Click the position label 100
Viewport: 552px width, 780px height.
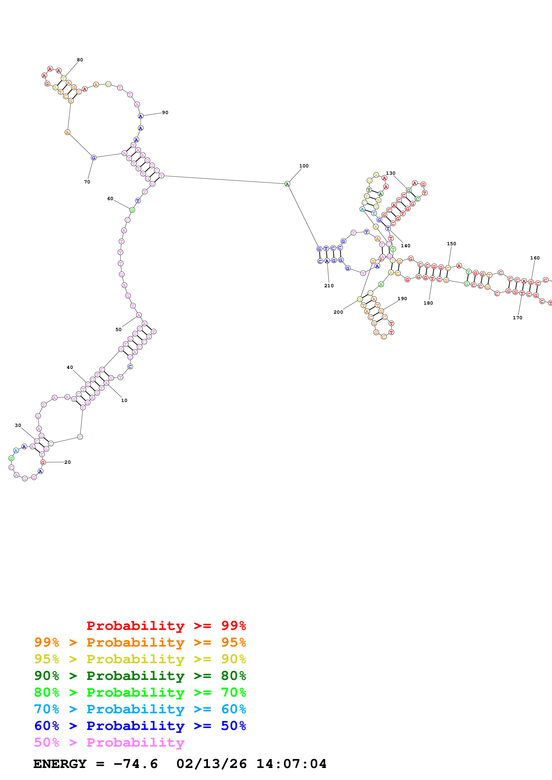[x=304, y=166]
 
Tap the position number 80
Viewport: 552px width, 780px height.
[x=80, y=60]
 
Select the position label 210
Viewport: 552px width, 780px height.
[x=329, y=286]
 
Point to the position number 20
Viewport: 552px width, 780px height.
[x=68, y=462]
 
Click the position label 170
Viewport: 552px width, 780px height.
[x=517, y=318]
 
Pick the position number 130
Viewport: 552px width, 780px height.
[x=390, y=173]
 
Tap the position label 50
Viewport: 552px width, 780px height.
[x=118, y=330]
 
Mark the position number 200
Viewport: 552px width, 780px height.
[x=338, y=312]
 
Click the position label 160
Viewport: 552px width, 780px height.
[x=535, y=258]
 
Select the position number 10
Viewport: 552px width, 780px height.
[x=124, y=400]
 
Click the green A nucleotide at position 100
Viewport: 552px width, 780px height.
[x=287, y=184]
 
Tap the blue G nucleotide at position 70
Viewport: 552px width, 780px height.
[x=94, y=158]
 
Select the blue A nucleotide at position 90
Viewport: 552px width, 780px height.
[x=141, y=116]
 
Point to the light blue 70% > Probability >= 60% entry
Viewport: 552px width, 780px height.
[x=140, y=709]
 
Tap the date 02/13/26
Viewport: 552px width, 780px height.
[x=211, y=764]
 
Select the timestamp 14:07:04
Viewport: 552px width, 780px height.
[x=291, y=764]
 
